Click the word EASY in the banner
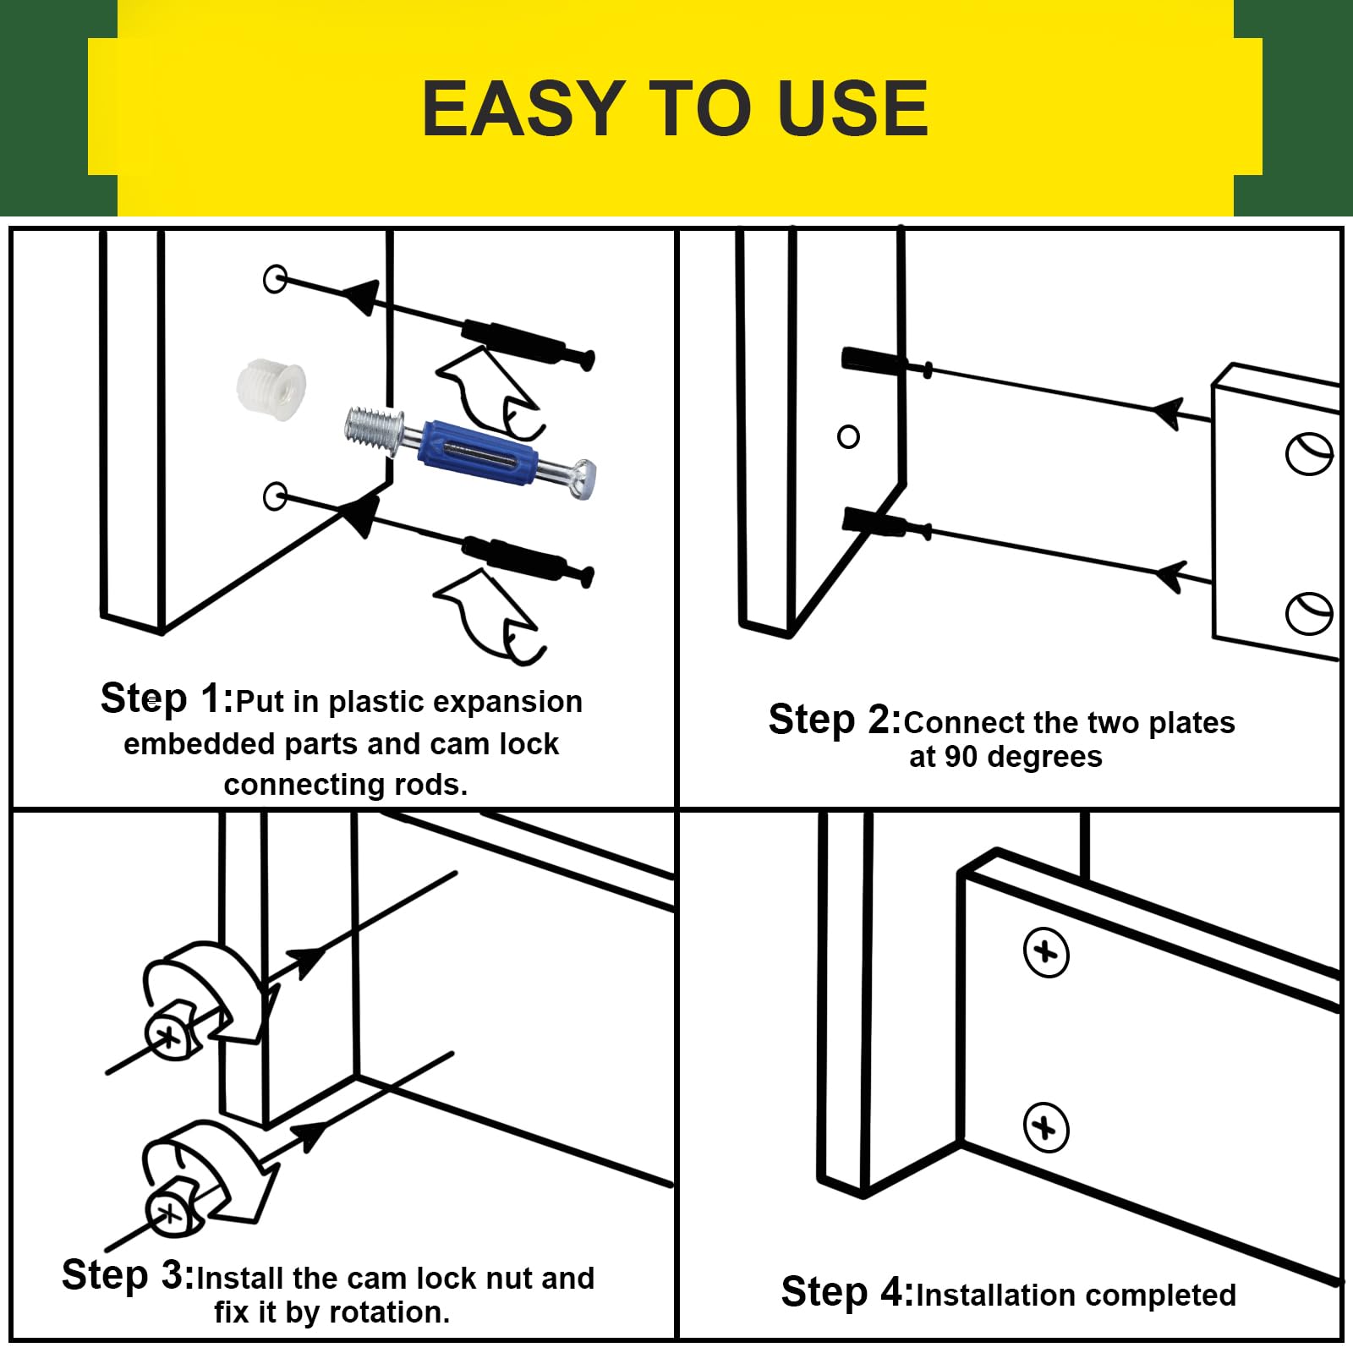[x=523, y=108]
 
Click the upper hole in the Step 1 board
[x=275, y=278]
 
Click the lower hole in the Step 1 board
[x=275, y=496]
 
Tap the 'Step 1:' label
[x=167, y=699]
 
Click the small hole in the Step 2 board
[x=848, y=436]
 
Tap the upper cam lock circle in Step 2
[x=1310, y=454]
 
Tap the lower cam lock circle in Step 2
[x=1310, y=613]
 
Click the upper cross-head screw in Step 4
[x=1046, y=953]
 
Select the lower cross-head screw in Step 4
[x=1046, y=1127]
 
